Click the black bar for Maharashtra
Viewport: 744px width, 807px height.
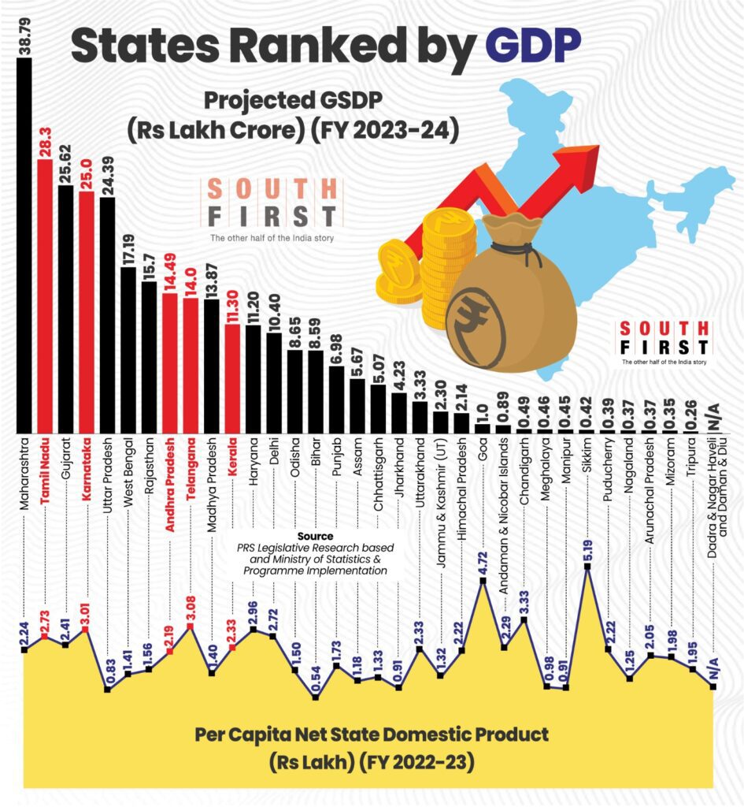[x=24, y=244]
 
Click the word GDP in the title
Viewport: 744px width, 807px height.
[x=535, y=46]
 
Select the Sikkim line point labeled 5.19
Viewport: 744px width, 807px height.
[x=587, y=567]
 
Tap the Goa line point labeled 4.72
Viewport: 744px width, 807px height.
[x=483, y=581]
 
